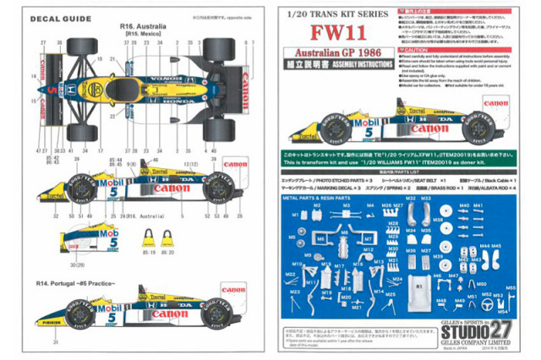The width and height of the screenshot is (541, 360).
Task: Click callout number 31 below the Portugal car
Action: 52,341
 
